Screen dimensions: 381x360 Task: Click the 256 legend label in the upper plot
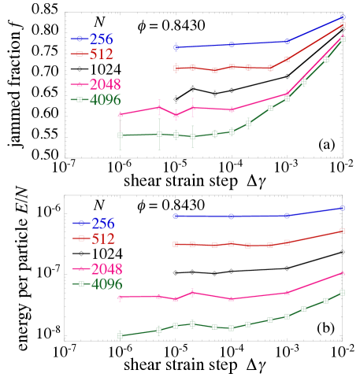101,39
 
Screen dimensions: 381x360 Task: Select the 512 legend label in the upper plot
101,54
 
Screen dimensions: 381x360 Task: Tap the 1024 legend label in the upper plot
105,69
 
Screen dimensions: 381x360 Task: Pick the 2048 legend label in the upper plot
105,84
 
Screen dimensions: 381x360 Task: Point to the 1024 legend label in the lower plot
107,253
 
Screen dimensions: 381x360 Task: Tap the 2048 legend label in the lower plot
107,268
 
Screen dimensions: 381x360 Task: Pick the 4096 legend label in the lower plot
107,284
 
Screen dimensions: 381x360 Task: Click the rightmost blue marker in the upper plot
343,17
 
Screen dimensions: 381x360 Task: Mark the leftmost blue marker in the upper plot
176,47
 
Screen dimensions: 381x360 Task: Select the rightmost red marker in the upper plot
343,25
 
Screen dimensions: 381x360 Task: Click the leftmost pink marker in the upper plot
121,115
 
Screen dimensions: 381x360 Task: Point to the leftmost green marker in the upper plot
121,135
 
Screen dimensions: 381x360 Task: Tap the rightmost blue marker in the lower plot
342,208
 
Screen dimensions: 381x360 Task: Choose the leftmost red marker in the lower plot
176,244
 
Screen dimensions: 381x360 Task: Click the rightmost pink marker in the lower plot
342,273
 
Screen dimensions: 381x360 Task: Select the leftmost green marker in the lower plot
120,335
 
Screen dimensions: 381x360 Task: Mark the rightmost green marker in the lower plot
342,293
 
